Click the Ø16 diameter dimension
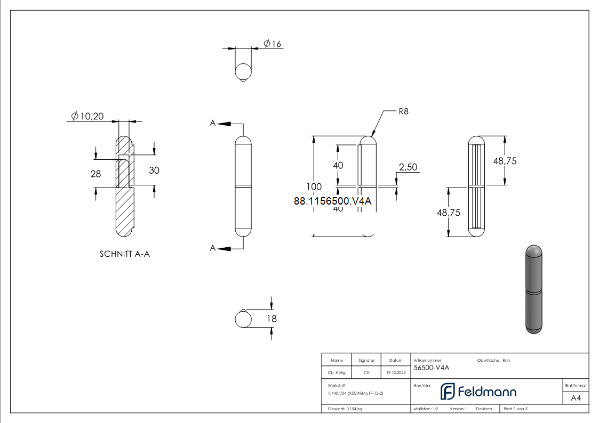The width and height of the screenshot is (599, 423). click(272, 44)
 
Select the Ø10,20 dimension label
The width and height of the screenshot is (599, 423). click(87, 116)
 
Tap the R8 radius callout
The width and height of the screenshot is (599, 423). click(403, 112)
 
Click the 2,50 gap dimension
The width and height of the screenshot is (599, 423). click(408, 167)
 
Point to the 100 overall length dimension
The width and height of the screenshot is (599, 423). click(314, 186)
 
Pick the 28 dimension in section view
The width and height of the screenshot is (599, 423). click(95, 174)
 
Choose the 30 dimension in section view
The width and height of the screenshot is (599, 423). click(154, 170)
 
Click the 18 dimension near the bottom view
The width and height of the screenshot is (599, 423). click(271, 319)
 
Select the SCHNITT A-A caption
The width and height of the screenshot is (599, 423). click(125, 254)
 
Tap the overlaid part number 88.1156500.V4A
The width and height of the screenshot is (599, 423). click(332, 201)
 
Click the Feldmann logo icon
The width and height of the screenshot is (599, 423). click(447, 392)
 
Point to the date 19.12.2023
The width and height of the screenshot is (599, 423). click(395, 373)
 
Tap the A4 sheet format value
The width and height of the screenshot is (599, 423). click(576, 398)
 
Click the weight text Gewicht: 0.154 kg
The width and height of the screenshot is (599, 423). click(345, 409)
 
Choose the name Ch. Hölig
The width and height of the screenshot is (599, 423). click(337, 373)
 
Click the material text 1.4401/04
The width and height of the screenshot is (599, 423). click(356, 393)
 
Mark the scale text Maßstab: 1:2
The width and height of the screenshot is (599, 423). click(426, 409)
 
